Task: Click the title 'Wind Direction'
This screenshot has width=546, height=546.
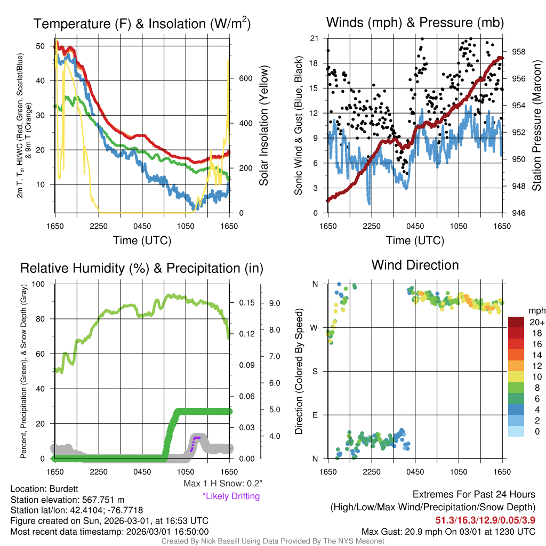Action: [415, 265]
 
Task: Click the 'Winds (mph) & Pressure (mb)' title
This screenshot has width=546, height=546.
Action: [415, 23]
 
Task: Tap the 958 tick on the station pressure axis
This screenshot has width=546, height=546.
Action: [519, 52]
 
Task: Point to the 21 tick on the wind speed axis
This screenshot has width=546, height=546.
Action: [314, 38]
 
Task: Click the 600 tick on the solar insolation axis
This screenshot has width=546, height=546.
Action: [245, 78]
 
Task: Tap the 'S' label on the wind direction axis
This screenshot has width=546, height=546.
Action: [315, 371]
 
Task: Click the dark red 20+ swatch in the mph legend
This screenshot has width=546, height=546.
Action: [517, 322]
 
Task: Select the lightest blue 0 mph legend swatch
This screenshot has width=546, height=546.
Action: [517, 431]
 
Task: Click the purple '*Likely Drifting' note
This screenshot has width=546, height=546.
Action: [231, 496]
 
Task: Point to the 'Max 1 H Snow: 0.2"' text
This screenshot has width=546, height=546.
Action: [222, 484]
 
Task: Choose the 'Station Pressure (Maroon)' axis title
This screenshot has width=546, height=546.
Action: [536, 125]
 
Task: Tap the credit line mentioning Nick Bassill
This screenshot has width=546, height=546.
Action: [272, 541]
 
